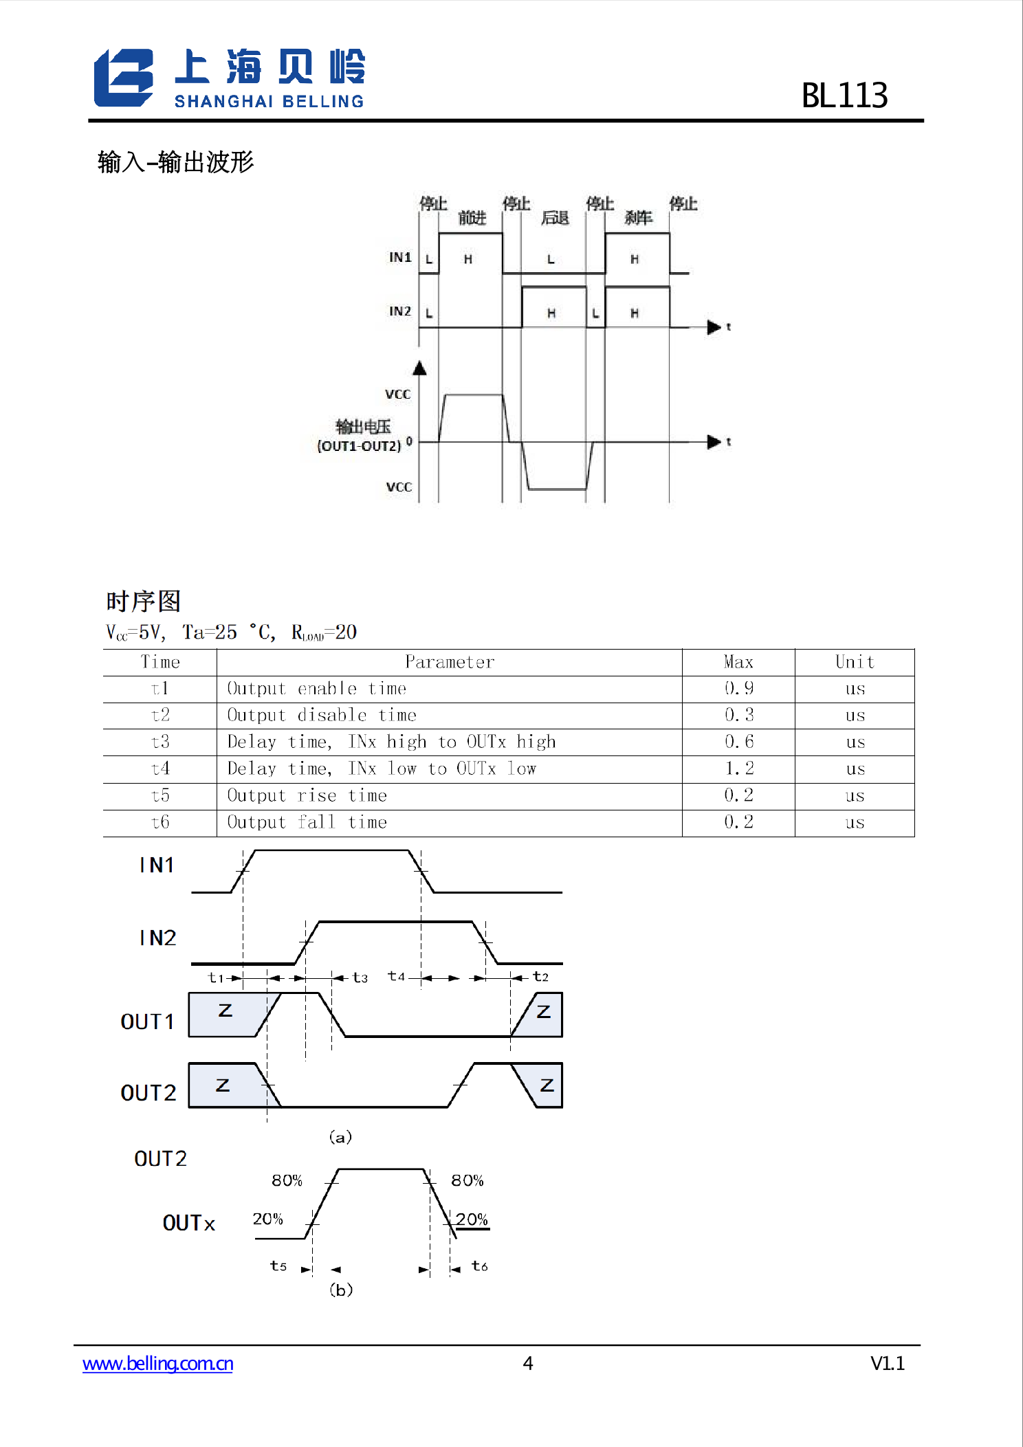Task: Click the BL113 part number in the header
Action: [x=844, y=96]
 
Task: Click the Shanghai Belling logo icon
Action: [x=124, y=78]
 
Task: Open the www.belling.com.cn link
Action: [x=157, y=1363]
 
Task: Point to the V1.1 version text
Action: [x=887, y=1363]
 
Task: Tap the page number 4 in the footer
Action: [x=527, y=1363]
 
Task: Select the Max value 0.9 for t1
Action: [x=738, y=688]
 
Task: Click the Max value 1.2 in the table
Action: [x=738, y=769]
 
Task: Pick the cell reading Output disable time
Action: [x=322, y=715]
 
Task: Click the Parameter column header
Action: [x=449, y=662]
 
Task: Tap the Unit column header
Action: [x=855, y=662]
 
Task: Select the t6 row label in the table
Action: [x=159, y=822]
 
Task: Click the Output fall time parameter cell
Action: [x=307, y=822]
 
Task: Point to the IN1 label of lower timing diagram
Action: [x=157, y=865]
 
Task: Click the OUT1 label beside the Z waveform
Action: [x=147, y=1022]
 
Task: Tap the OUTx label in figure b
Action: [x=188, y=1224]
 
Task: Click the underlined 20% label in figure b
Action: [x=472, y=1219]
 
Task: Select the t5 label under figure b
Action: [x=278, y=1266]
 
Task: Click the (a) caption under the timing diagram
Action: [x=340, y=1137]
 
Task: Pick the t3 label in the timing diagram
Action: [x=360, y=977]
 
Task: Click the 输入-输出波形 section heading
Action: [x=176, y=163]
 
